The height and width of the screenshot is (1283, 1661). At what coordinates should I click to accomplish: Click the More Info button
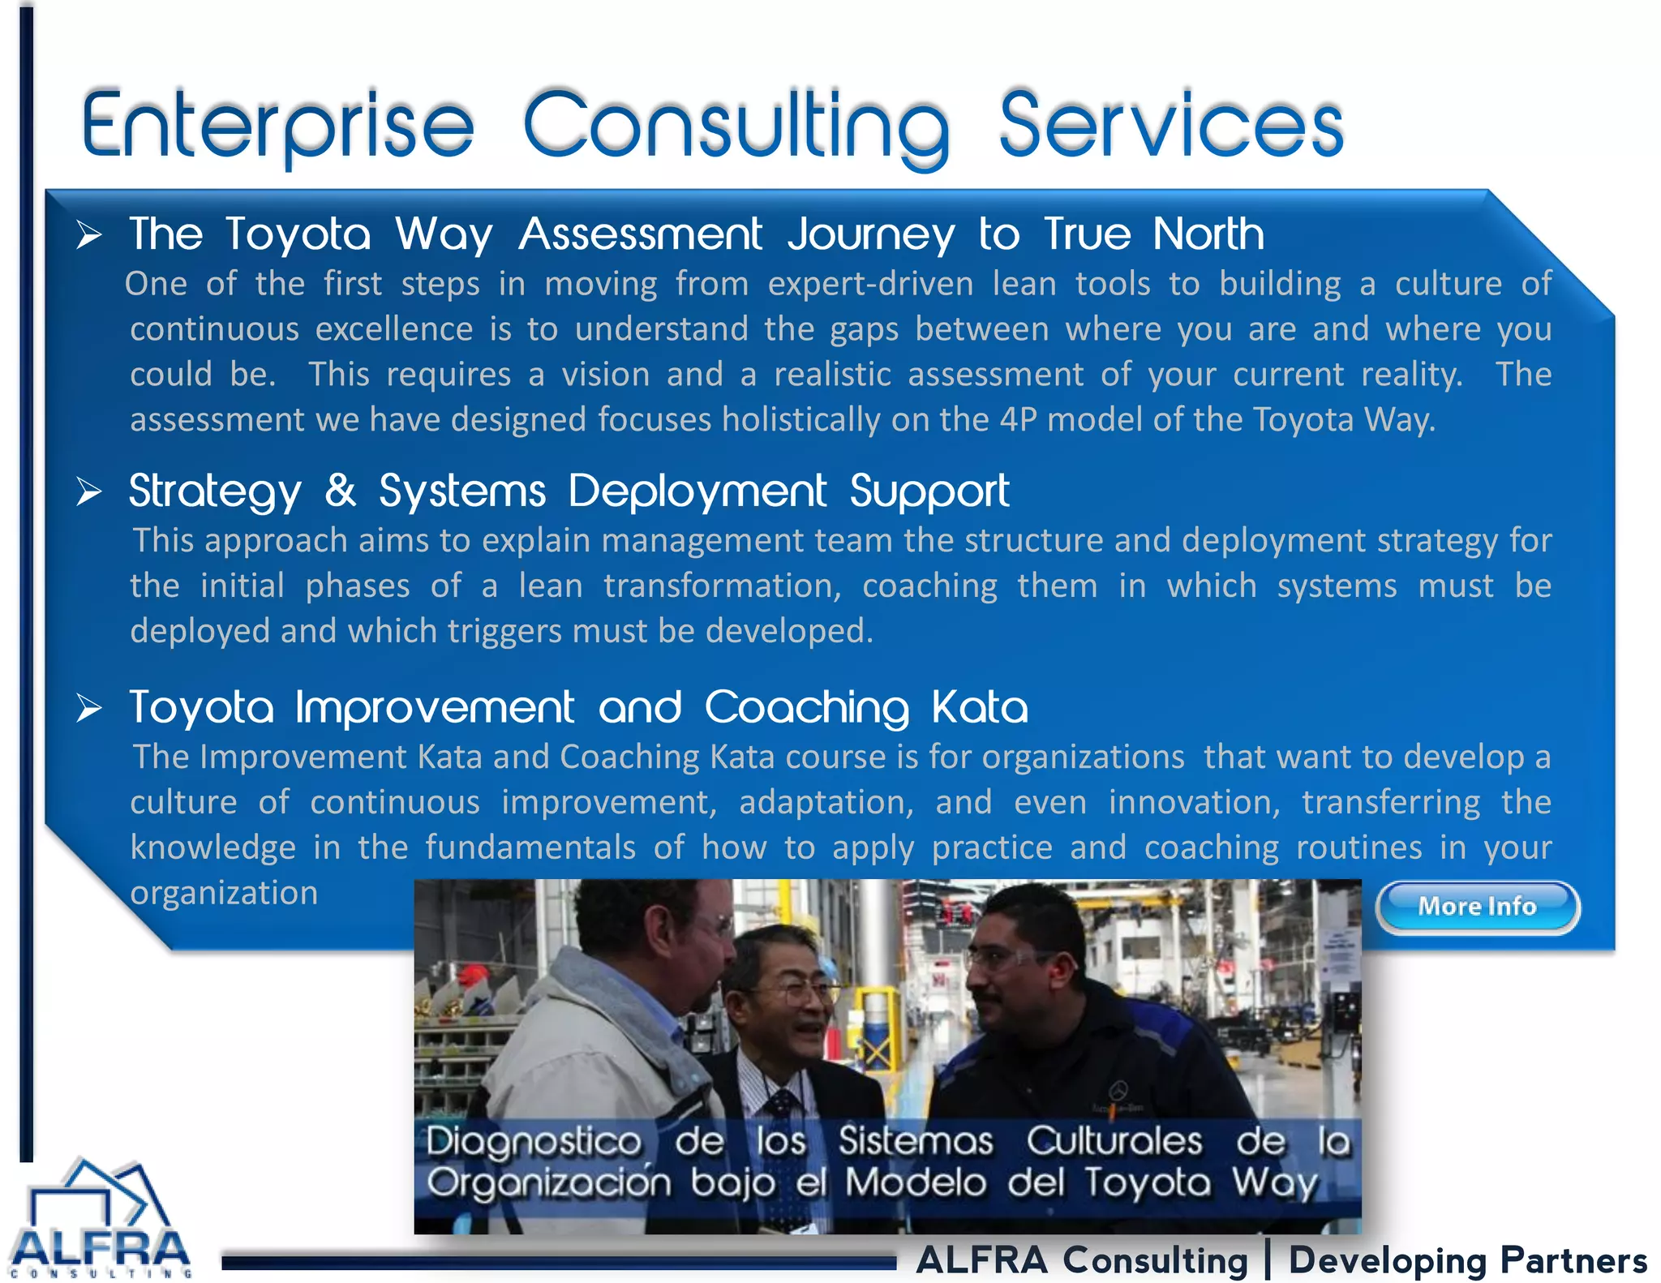[x=1477, y=907]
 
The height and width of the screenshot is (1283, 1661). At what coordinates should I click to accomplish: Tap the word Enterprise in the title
[x=277, y=126]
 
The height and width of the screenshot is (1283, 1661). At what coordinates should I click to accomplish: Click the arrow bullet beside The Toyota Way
[x=89, y=235]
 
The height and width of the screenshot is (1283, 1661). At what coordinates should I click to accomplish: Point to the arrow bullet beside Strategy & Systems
[x=89, y=491]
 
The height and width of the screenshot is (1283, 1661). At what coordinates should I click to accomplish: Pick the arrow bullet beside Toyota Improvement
[x=89, y=708]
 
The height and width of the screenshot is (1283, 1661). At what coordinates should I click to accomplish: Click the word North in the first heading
[x=1208, y=234]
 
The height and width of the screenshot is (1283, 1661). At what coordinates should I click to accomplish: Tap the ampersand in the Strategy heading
[x=341, y=491]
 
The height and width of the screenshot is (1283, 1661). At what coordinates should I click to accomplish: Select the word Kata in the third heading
[x=980, y=707]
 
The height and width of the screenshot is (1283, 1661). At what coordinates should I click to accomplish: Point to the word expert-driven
[x=870, y=284]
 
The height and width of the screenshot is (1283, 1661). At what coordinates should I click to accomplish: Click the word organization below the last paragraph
[x=224, y=893]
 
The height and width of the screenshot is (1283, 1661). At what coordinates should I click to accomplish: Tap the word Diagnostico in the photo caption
[x=534, y=1142]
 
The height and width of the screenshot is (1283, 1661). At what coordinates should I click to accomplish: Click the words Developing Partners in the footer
[x=1468, y=1260]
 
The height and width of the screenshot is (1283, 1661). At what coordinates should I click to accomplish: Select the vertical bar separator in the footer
[x=1268, y=1260]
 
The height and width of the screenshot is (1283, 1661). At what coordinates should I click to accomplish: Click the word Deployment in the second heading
[x=697, y=491]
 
